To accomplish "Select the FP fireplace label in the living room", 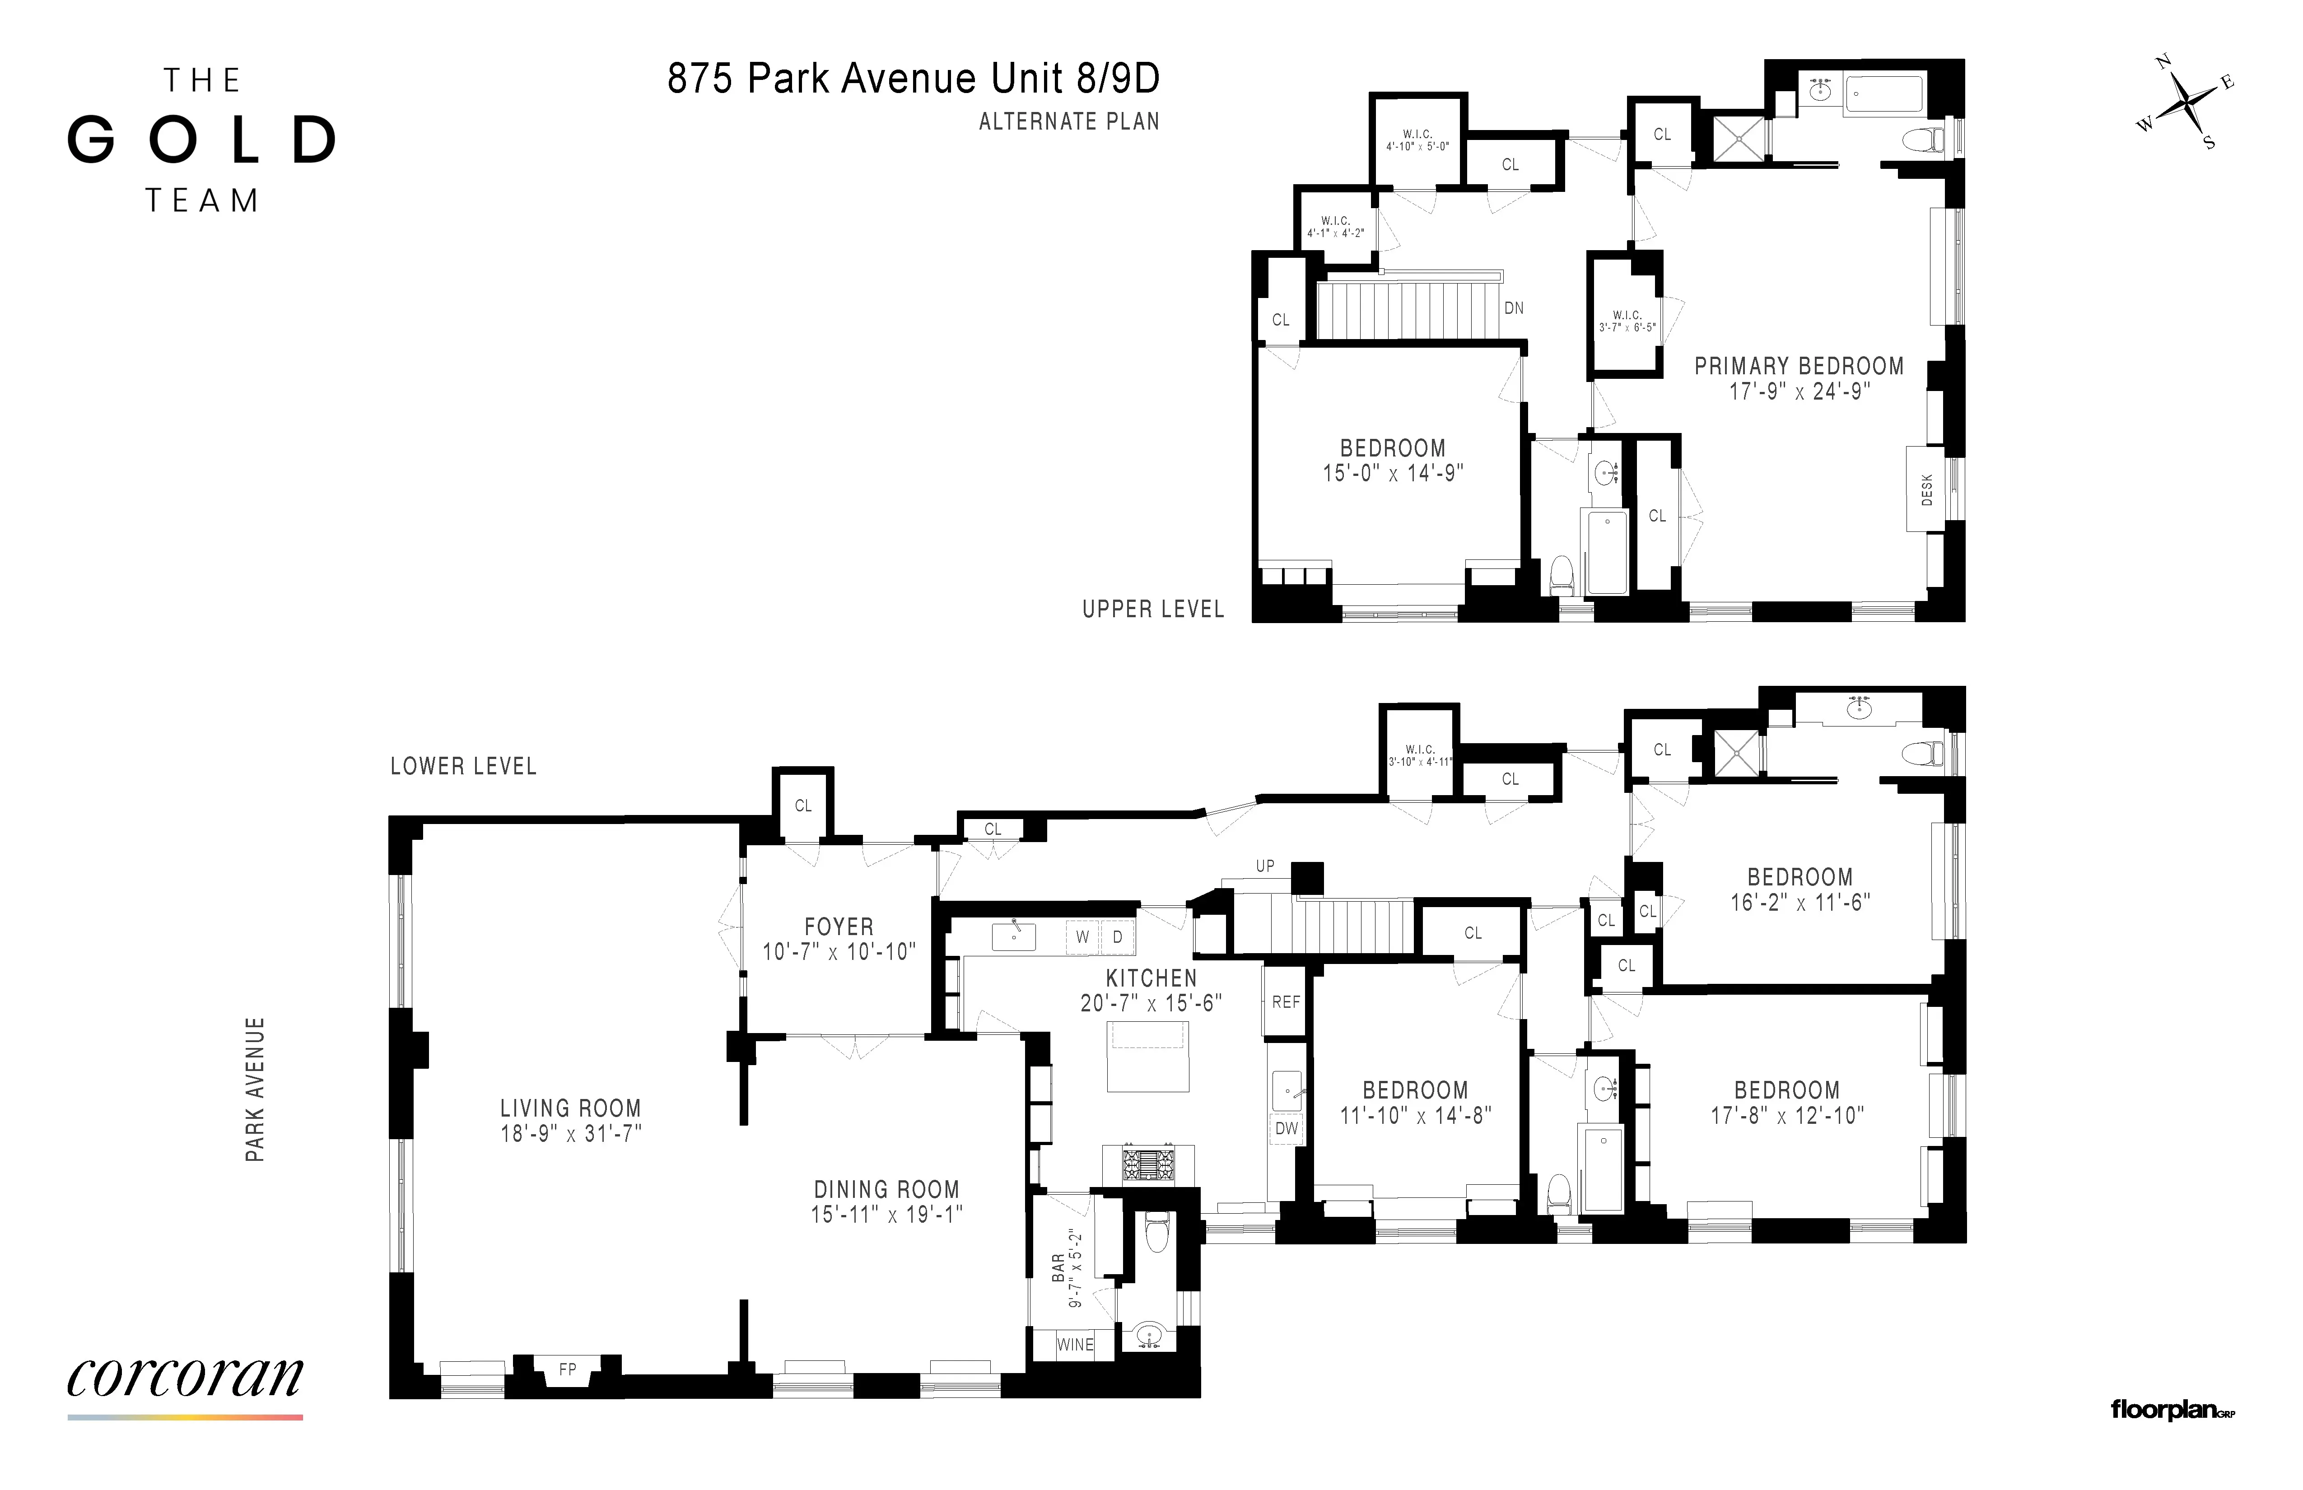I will (567, 1369).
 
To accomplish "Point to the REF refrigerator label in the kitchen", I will (1286, 1002).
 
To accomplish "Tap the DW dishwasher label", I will (1286, 1128).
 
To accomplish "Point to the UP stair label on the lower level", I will (1265, 866).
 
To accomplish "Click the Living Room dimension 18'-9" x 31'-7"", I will (570, 1133).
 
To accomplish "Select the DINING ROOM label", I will (886, 1189).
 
